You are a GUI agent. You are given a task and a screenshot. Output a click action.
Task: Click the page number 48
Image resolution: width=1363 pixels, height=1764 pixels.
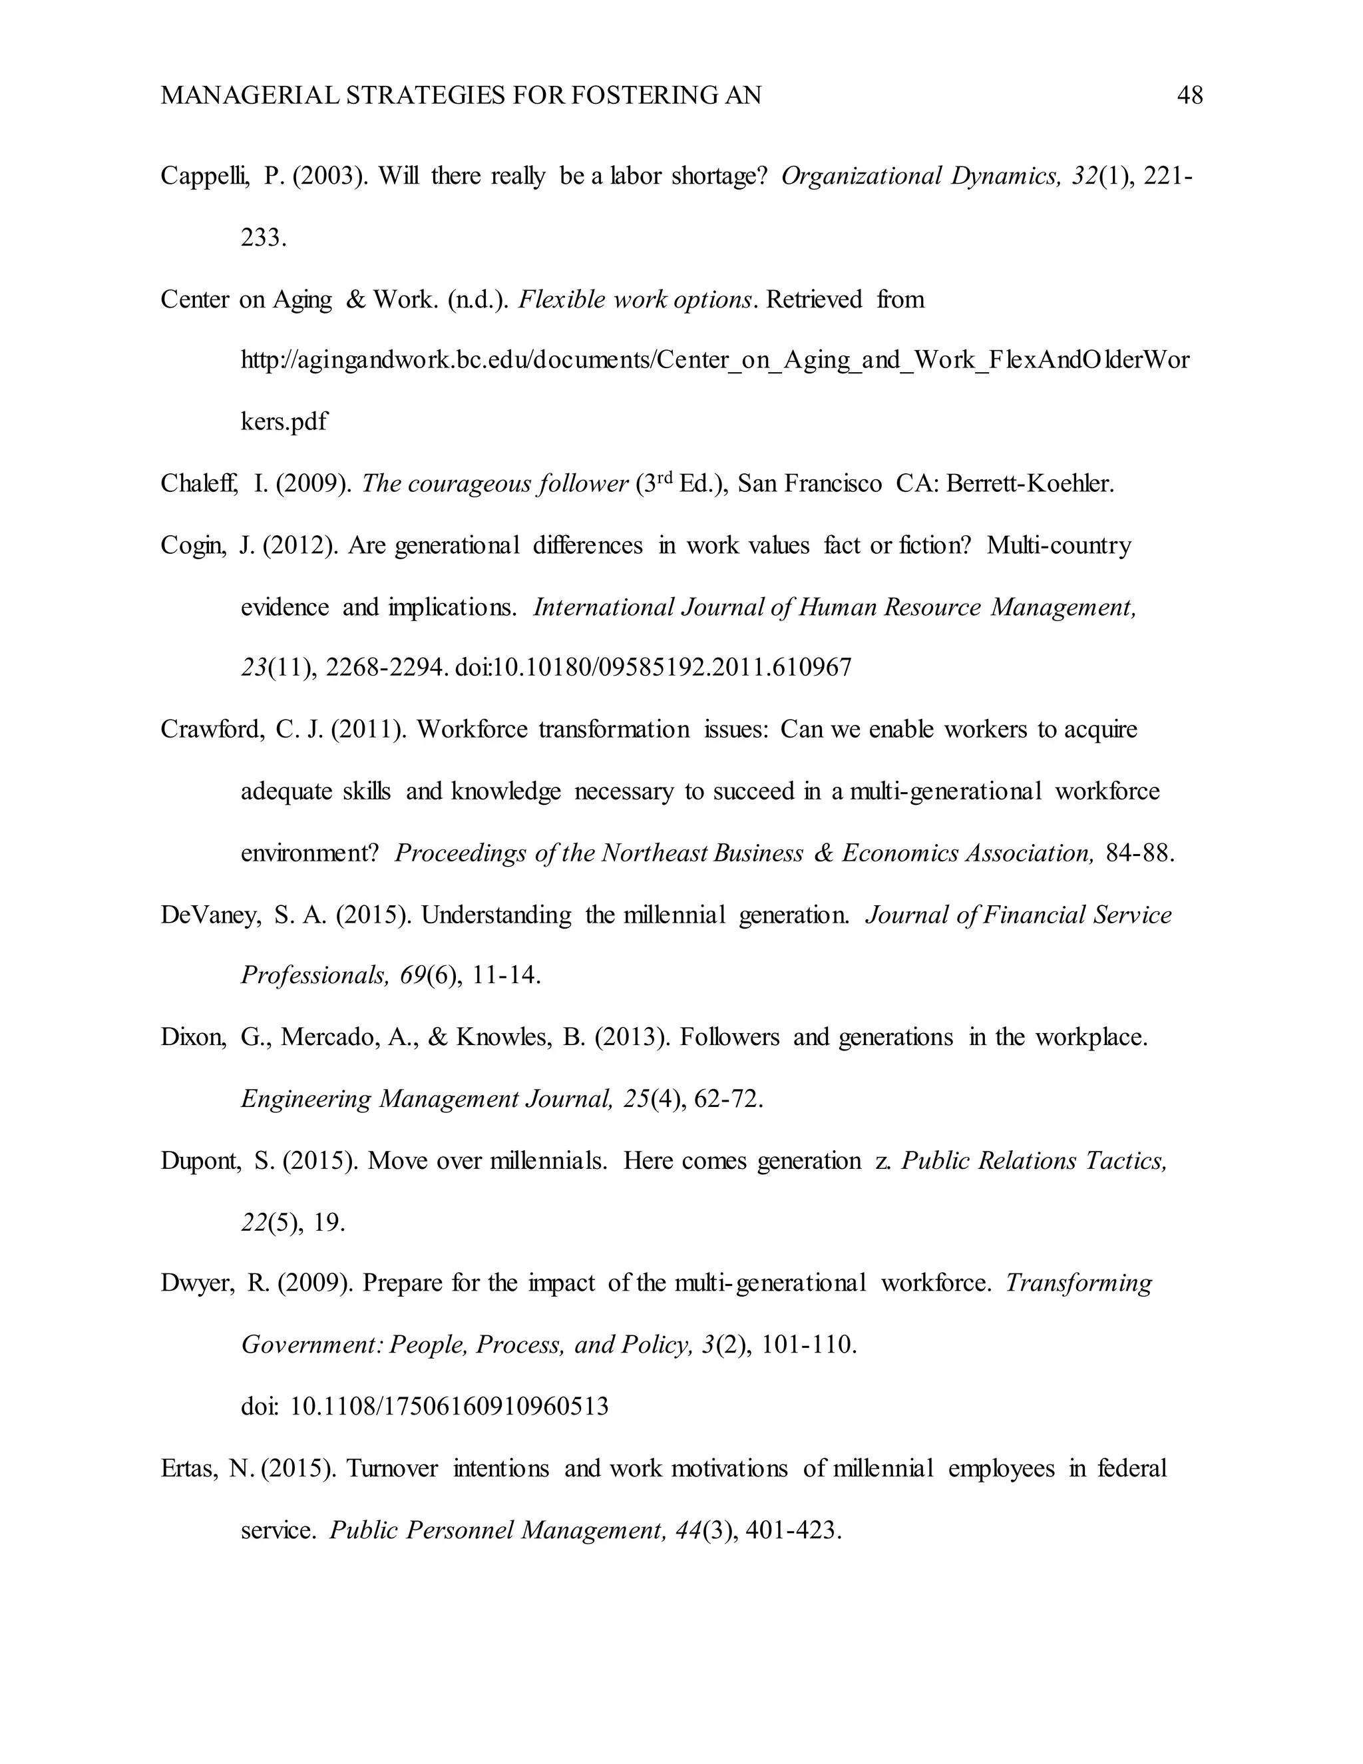1189,96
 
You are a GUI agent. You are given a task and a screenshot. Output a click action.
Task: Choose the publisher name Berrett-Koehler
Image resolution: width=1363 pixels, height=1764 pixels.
1030,484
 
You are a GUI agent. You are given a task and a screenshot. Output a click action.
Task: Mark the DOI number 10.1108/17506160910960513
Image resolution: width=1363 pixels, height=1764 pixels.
449,1407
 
